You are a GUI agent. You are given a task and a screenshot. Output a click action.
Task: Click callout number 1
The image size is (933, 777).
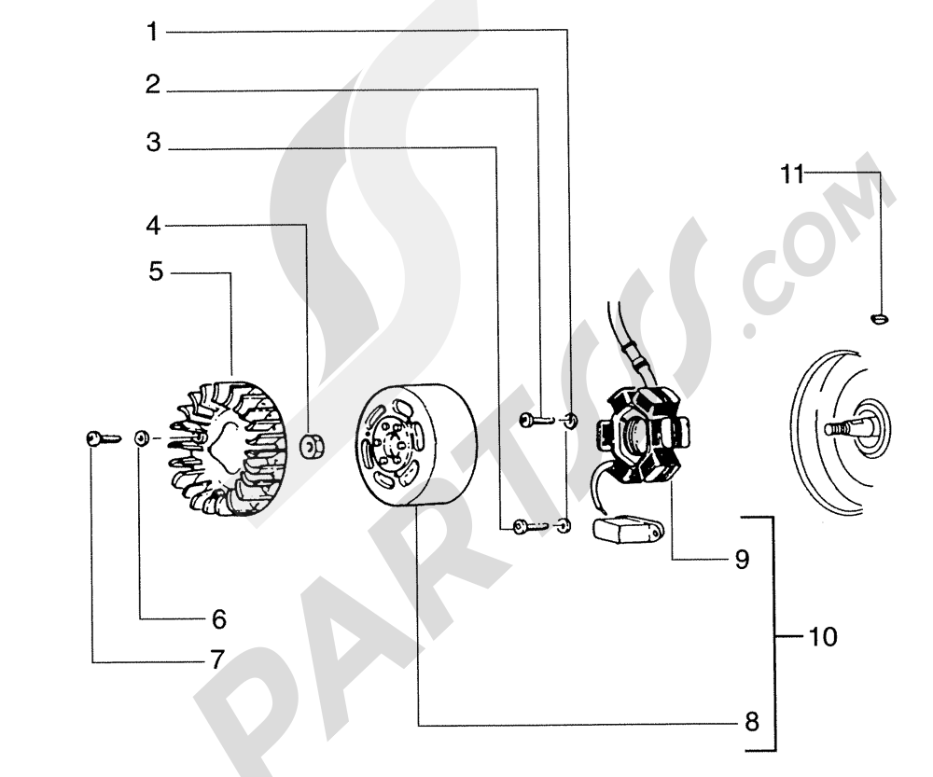coord(152,33)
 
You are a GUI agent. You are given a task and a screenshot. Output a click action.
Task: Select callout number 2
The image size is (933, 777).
coord(152,86)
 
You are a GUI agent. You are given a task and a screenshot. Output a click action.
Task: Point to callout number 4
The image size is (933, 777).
coord(152,225)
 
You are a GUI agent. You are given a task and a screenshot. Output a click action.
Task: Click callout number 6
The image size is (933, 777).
coord(218,617)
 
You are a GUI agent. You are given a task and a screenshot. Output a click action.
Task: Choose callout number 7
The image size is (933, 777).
coord(216,660)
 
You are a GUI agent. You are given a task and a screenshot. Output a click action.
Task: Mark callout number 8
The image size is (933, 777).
coord(752,722)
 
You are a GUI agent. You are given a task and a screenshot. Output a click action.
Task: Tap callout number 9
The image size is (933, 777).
coord(741,559)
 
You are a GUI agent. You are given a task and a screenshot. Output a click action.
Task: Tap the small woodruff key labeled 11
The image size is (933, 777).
coord(878,320)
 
